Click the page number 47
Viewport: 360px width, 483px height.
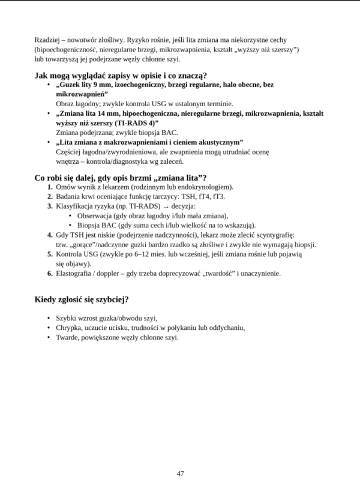coord(180,473)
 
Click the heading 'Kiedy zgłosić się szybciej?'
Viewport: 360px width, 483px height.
coord(82,299)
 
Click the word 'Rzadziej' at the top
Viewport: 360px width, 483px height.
coord(48,38)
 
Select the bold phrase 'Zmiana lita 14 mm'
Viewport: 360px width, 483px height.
coord(86,112)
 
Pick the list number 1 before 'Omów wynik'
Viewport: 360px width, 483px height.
coord(50,187)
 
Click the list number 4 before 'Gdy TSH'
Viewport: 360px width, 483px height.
coord(50,235)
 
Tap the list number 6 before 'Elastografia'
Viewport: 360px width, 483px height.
coord(50,274)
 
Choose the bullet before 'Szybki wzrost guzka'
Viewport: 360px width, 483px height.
coord(49,317)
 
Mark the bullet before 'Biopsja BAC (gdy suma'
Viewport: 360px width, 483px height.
coord(72,225)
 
